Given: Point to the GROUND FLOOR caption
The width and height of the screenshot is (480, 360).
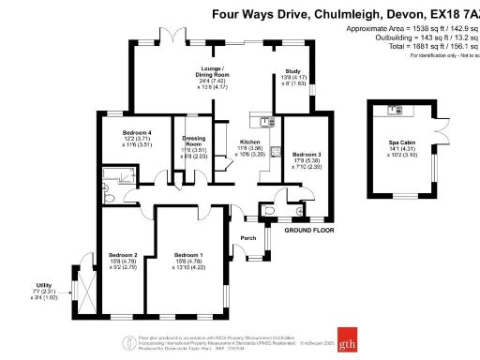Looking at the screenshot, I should pyautogui.click(x=310, y=230).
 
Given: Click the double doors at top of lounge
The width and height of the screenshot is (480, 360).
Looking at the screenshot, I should pyautogui.click(x=174, y=41).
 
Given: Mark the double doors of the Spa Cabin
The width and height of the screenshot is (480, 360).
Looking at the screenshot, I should pyautogui.click(x=437, y=130).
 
